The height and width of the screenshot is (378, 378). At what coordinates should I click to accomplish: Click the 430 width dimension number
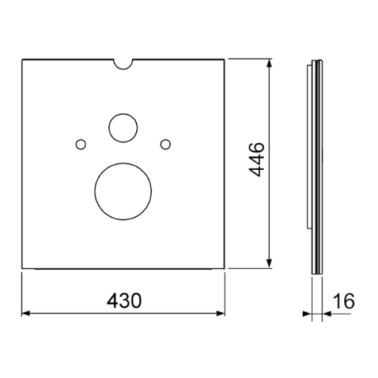coord(124,301)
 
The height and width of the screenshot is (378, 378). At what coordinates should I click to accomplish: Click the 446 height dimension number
coord(257,160)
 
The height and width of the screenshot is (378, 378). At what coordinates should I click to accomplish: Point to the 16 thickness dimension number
coord(344,301)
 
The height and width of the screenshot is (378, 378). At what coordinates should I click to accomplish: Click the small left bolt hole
coord(81,144)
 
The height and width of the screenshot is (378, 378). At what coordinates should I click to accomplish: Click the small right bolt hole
coord(166,144)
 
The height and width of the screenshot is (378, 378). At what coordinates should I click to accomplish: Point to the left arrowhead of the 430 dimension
coord(26,314)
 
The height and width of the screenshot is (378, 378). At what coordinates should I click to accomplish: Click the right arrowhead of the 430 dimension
coord(221,314)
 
